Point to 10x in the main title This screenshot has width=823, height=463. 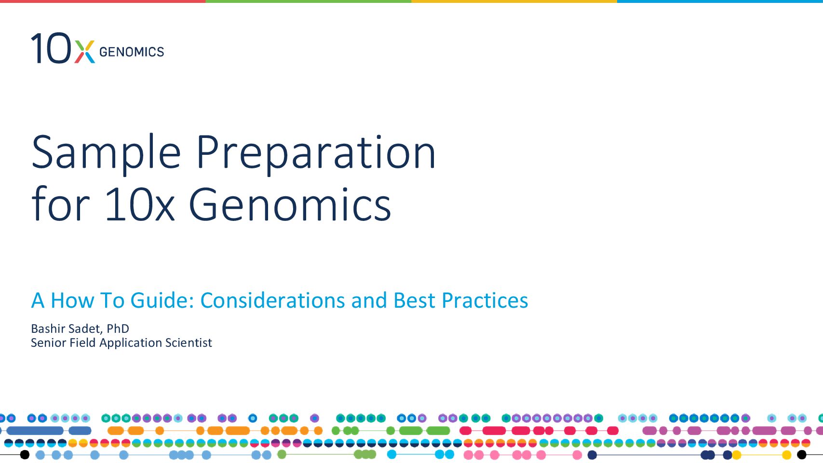tap(140, 204)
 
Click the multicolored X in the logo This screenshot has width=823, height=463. tap(85, 52)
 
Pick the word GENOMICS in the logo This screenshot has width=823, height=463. tap(132, 52)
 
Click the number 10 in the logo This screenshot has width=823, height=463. tap(51, 48)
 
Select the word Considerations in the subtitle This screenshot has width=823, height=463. tap(272, 300)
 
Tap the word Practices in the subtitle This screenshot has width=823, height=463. tap(485, 300)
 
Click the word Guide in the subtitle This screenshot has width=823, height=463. tap(162, 300)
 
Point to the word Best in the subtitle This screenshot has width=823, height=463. tap(414, 300)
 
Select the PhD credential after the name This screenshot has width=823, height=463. tap(118, 328)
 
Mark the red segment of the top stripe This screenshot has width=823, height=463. tap(103, 1)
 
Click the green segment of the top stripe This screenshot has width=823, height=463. tap(309, 1)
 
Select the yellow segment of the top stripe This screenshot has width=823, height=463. tap(514, 1)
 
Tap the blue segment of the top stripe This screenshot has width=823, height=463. tap(720, 1)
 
